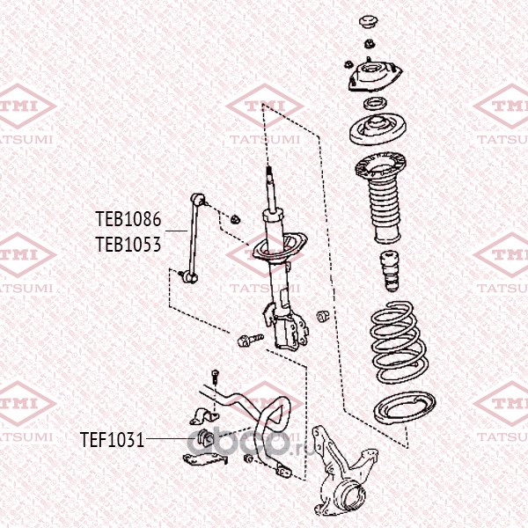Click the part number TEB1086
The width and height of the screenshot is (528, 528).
point(128,219)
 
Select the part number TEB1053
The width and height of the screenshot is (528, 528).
point(128,245)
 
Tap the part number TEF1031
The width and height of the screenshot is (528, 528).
point(113,440)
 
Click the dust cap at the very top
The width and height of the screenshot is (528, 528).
point(369,23)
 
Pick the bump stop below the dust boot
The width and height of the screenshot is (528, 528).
point(390,271)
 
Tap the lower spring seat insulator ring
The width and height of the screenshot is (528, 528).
point(405,408)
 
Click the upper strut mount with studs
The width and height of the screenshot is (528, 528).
point(375,76)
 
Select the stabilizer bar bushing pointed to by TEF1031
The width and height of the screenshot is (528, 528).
point(205,437)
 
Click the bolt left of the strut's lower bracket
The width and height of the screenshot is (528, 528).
point(250,340)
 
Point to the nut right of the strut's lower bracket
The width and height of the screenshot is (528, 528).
point(322,315)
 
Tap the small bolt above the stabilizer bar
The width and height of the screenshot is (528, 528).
point(215,378)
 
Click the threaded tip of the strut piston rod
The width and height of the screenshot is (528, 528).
point(269,172)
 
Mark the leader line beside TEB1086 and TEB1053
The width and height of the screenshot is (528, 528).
point(176,231)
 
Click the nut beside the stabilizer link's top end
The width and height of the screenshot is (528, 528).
point(235,219)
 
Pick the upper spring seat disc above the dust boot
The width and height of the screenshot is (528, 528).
point(378,129)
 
